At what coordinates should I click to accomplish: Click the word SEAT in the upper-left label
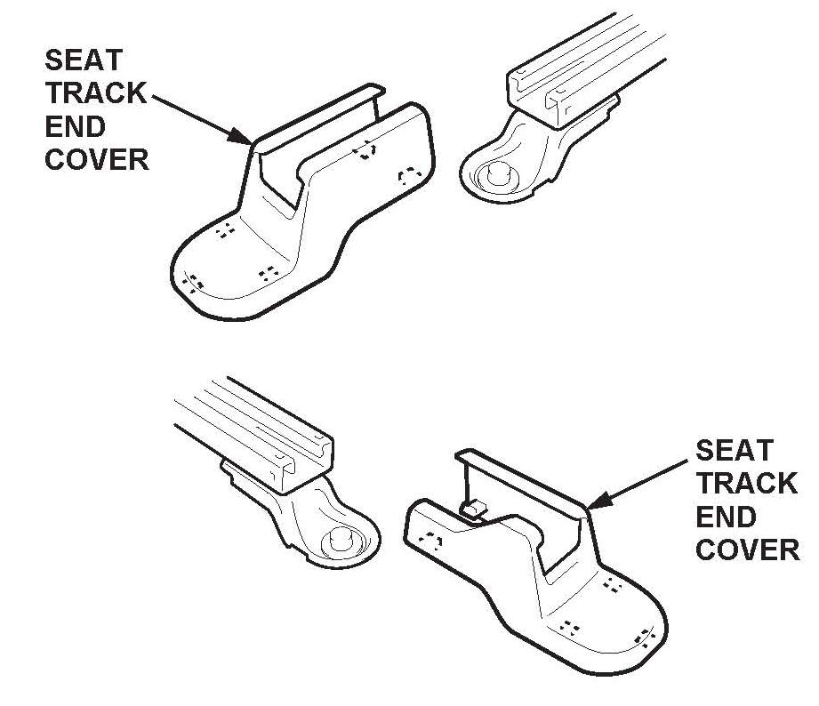[x=84, y=61]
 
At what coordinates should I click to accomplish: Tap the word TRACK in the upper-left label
[x=96, y=93]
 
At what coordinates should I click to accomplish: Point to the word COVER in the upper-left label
[x=96, y=159]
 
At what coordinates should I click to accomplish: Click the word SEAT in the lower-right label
[x=735, y=450]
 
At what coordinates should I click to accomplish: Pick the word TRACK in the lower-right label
[x=746, y=483]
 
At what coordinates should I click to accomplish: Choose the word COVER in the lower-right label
[x=747, y=550]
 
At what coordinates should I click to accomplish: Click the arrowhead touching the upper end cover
[x=241, y=137]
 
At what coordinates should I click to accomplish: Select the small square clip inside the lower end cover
[x=473, y=509]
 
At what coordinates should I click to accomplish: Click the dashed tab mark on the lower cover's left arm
[x=433, y=540]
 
